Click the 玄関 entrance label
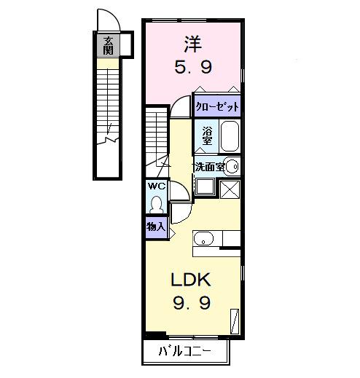pyautogui.click(x=108, y=45)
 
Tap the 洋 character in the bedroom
pyautogui.click(x=192, y=44)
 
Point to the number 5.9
pyautogui.click(x=192, y=68)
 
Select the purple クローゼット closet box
pyautogui.click(x=217, y=106)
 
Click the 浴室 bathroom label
pyautogui.click(x=207, y=136)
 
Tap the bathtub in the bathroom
pyautogui.click(x=229, y=135)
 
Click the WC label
pyautogui.click(x=157, y=186)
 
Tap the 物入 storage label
pyautogui.click(x=156, y=227)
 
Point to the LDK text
pyautogui.click(x=191, y=279)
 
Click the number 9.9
pyautogui.click(x=191, y=302)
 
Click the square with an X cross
pyautogui.click(x=230, y=188)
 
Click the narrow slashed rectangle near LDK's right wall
pyautogui.click(x=235, y=320)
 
